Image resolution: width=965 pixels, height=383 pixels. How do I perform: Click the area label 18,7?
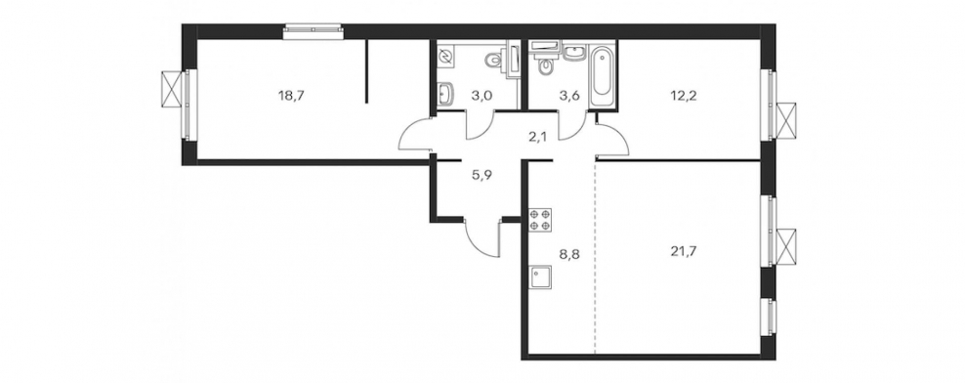pos(291,96)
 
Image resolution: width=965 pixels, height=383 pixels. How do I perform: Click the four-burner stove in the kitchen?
pos(540,220)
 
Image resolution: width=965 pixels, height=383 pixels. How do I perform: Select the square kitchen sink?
pos(540,277)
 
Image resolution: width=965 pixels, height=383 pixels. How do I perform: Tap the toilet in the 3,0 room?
pos(494,60)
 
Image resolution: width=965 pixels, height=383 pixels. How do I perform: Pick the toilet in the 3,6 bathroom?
pos(544,63)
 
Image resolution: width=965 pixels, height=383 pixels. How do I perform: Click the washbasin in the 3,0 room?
pos(446,93)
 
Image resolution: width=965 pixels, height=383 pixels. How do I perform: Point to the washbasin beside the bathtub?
pos(573,53)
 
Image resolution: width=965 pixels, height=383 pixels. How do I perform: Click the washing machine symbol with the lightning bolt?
pos(445,58)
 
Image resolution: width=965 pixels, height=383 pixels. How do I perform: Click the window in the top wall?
pos(313,31)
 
